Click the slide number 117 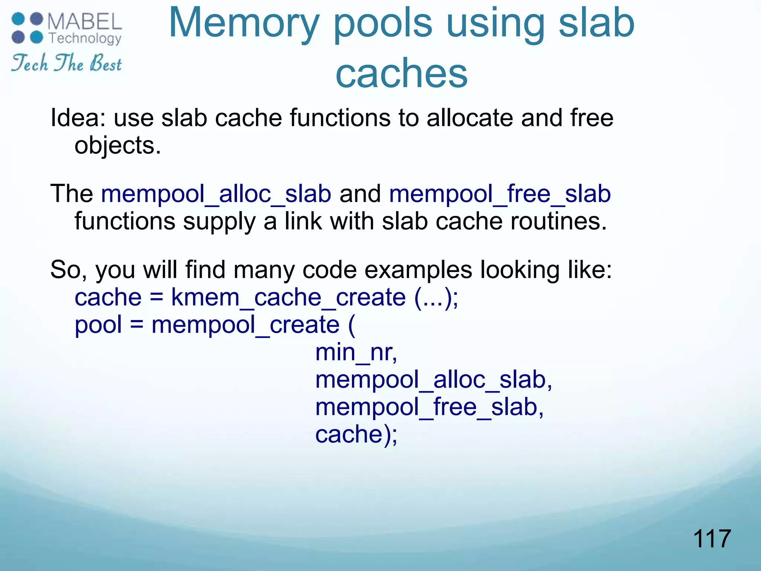712,539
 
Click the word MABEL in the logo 85,22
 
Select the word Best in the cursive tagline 106,63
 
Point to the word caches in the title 401,73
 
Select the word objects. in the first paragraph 118,145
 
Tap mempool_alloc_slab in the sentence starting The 216,194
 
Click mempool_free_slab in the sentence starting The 500,194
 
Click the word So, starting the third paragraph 68,270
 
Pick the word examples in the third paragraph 418,270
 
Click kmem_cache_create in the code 288,297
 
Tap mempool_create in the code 245,325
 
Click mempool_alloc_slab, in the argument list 433,380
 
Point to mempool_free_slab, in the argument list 429,407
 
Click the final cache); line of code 356,434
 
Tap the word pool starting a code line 98,325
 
